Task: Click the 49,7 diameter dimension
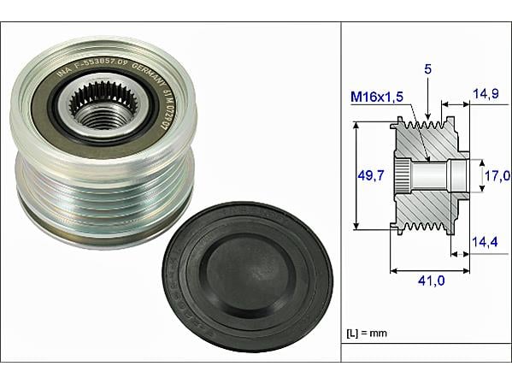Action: click(369, 176)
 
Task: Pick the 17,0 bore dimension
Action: click(497, 175)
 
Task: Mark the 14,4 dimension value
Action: click(485, 243)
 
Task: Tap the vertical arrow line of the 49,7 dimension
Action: click(354, 176)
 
